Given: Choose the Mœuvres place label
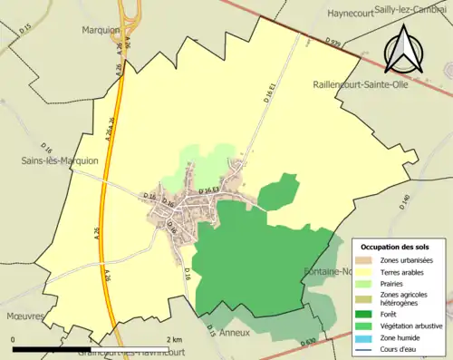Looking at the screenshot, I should click(24, 317).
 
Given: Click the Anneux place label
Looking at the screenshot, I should click(249, 332).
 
